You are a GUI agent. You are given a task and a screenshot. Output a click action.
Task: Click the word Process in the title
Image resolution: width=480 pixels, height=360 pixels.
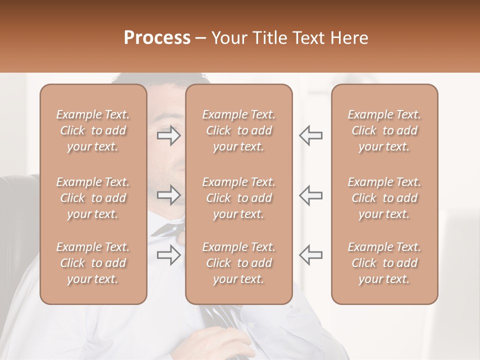click(157, 38)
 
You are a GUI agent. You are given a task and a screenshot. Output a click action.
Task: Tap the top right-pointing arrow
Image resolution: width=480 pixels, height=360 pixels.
click(169, 135)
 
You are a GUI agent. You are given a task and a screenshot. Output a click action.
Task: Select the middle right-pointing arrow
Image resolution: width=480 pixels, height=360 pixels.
click(169, 195)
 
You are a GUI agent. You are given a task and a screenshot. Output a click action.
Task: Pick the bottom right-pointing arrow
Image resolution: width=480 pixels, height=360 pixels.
click(169, 255)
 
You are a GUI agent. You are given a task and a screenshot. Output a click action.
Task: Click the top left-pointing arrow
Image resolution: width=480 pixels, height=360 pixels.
click(311, 135)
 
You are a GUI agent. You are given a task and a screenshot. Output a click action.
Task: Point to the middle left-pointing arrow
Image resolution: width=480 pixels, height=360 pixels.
click(311, 195)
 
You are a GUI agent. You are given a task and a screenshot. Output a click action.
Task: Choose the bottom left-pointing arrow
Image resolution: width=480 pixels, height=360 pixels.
click(311, 255)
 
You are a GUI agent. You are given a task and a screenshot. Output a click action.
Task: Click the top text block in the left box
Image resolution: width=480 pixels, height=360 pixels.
click(93, 130)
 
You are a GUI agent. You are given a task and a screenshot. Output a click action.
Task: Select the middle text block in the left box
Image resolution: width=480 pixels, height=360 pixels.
click(93, 198)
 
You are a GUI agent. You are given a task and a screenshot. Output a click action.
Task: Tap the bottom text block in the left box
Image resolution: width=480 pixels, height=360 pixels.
click(93, 263)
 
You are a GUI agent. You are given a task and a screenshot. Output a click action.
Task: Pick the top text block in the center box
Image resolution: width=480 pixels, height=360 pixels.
click(239, 130)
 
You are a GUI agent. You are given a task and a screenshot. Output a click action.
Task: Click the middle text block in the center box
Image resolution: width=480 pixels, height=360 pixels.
click(239, 198)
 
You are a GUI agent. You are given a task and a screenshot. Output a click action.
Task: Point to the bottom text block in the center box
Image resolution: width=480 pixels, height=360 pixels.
click(239, 263)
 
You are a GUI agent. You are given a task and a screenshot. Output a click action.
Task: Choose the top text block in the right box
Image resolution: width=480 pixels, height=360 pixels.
click(384, 130)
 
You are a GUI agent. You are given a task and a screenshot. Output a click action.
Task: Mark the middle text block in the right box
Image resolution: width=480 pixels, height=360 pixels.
click(384, 198)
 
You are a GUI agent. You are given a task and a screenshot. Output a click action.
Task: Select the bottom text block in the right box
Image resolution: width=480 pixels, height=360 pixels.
click(384, 263)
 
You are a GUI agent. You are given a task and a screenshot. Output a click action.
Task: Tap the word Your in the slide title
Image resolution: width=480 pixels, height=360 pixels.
click(230, 38)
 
